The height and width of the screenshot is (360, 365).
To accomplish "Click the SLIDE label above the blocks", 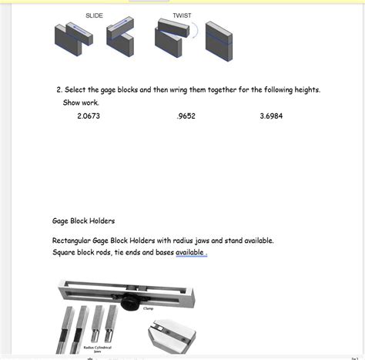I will pos(94,15).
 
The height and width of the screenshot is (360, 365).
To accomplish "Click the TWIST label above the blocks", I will pos(182,15).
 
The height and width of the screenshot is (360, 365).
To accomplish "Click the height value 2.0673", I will pos(89,116).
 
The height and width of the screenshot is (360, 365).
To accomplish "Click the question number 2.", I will pos(59,90).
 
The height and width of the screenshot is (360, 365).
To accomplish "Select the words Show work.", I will pos(81,103).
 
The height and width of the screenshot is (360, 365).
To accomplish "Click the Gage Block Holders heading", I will pos(83,220).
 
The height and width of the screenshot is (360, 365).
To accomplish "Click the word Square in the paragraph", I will pos(65,252).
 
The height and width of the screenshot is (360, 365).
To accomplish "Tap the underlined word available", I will pos(190,252).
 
